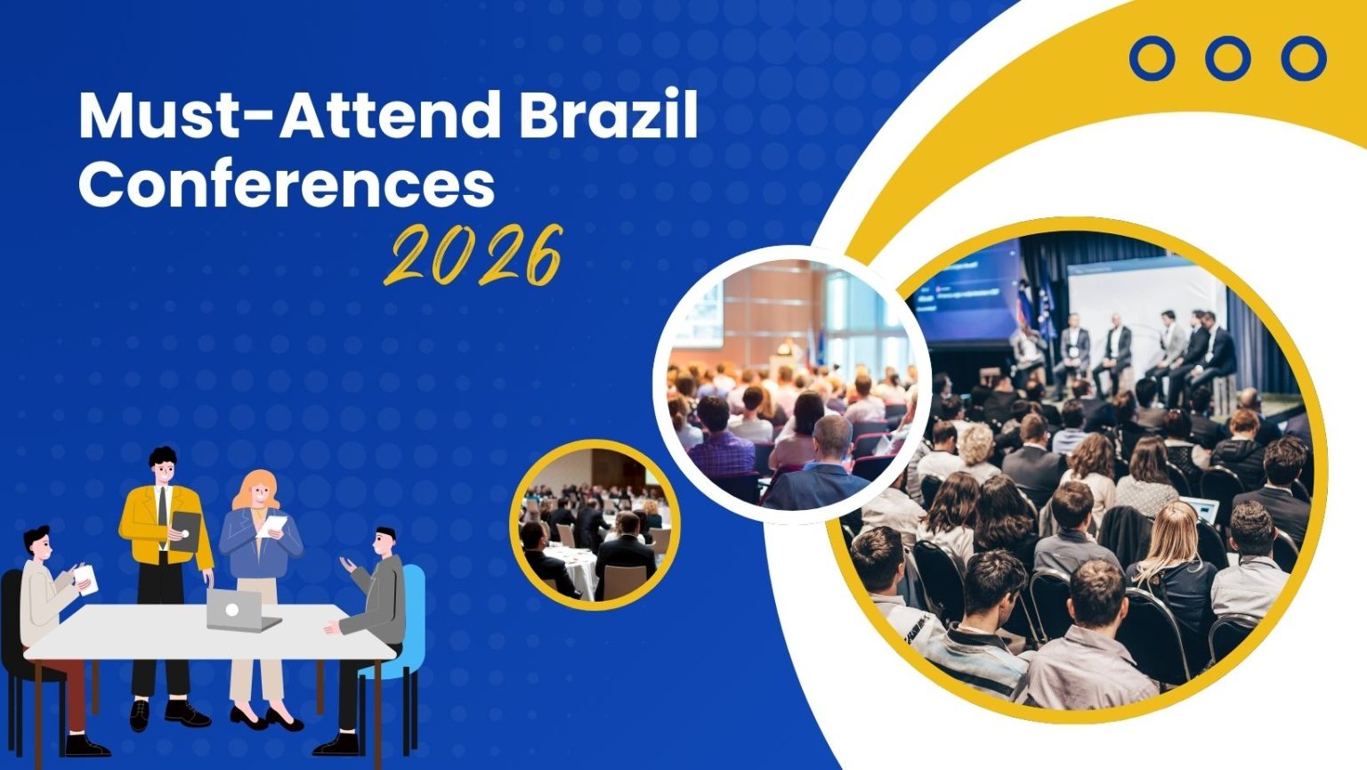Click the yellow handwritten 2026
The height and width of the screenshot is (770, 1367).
coord(475,256)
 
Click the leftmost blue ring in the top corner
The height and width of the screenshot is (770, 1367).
coord(1152,59)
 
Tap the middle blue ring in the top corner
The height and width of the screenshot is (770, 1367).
coord(1228,59)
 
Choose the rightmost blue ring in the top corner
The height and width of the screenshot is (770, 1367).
coord(1304,59)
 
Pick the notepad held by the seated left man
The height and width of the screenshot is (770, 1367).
coord(85,580)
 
